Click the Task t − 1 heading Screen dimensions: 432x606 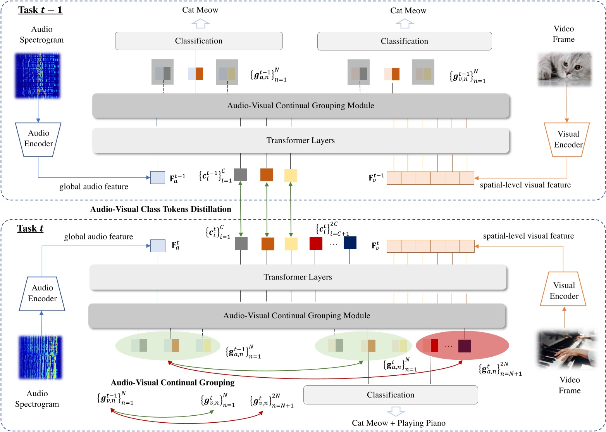tap(40, 10)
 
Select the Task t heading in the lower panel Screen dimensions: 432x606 tap(30, 229)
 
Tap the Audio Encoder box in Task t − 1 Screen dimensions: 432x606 tap(38, 139)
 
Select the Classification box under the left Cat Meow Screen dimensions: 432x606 tap(199, 41)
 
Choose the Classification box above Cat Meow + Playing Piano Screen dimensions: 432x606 tap(390, 395)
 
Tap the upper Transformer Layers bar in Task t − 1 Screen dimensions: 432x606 tap(300, 141)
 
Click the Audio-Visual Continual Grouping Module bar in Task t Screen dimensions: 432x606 tap(296, 316)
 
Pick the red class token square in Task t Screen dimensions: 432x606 tap(316, 244)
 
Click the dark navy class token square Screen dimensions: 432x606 tap(350, 243)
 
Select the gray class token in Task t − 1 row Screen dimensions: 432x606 tap(240, 175)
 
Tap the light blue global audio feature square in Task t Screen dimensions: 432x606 tap(158, 246)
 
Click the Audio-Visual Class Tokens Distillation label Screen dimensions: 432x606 tap(160, 209)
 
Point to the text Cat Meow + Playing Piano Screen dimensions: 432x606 tap(398, 423)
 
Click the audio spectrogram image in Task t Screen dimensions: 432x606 tap(40, 357)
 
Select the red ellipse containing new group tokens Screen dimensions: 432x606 tap(462, 345)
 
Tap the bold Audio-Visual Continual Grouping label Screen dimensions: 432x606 tap(172, 383)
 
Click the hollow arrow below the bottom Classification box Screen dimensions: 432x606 tap(396, 411)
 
